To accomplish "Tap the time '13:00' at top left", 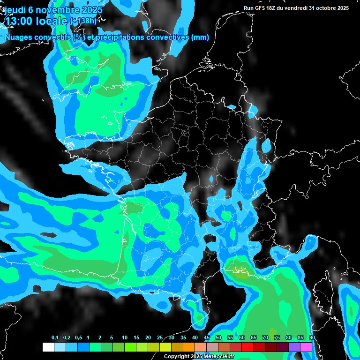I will pyautogui.click(x=18, y=20).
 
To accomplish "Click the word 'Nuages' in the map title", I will pyautogui.click(x=18, y=37).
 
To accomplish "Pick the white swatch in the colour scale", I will pyautogui.click(x=48, y=347).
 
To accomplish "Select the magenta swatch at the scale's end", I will pyautogui.click(x=306, y=347).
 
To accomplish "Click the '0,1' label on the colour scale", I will pyautogui.click(x=54, y=338).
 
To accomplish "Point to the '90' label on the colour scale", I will pyautogui.click(x=312, y=338).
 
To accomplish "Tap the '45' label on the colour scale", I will pyautogui.click(x=207, y=338).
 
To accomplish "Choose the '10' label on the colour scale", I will pyautogui.click(x=125, y=338).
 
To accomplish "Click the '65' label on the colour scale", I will pyautogui.click(x=254, y=338).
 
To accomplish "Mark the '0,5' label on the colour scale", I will pyautogui.click(x=78, y=338).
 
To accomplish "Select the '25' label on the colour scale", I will pyautogui.click(x=160, y=338).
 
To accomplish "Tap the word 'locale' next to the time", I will pyautogui.click(x=52, y=20).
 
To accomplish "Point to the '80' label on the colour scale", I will pyautogui.click(x=289, y=338).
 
